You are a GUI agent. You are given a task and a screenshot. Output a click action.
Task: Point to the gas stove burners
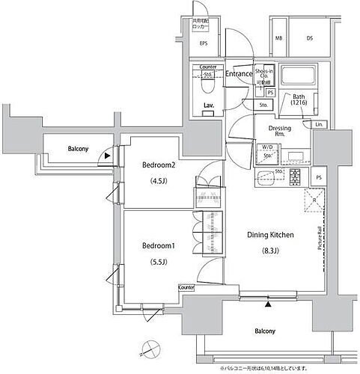click(x=295, y=177)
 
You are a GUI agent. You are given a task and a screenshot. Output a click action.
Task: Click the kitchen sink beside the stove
click(x=267, y=178)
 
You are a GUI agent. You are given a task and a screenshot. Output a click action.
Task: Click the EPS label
click(x=203, y=43)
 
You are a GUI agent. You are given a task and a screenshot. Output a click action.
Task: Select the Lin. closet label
click(x=319, y=123)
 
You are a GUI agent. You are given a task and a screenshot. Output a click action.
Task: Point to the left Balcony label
click(x=76, y=149)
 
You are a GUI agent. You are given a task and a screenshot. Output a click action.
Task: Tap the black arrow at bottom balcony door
click(x=267, y=303)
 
